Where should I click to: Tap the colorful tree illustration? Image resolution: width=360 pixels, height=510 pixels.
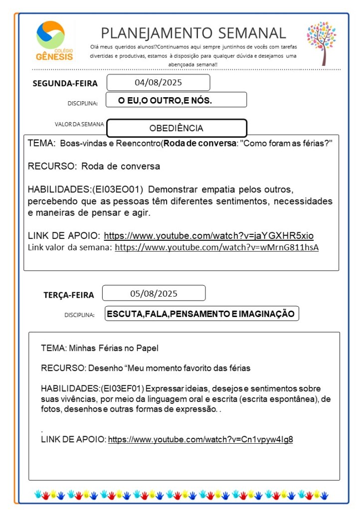tap(321, 42)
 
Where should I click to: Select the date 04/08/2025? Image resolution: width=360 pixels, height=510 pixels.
tap(158, 82)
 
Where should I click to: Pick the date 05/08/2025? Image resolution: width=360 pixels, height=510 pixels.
tap(154, 293)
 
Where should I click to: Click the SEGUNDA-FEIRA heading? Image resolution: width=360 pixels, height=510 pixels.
tap(65, 83)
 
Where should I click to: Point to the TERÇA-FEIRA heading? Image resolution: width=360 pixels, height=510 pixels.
tap(68, 295)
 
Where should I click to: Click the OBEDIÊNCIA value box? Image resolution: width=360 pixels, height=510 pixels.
tap(177, 128)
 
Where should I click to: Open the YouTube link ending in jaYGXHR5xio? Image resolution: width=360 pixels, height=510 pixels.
tap(208, 235)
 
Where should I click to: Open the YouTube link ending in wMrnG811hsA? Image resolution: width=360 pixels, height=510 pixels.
tap(216, 247)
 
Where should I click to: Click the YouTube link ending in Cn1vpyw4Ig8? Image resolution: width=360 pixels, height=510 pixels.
tap(200, 439)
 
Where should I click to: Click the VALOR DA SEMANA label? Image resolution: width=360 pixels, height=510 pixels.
tap(79, 124)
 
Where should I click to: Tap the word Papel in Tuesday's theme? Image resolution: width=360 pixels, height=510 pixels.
tap(147, 347)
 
